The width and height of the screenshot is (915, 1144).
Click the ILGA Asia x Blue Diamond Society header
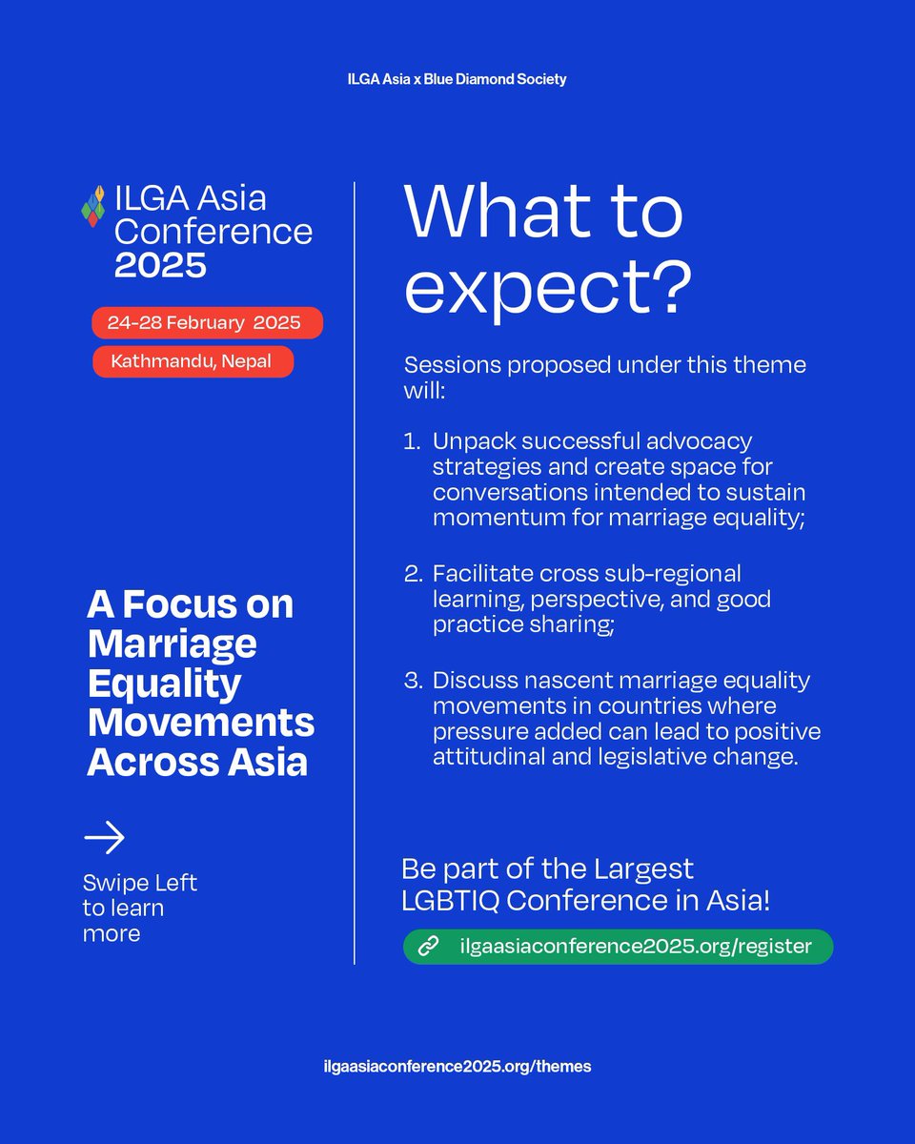(457, 79)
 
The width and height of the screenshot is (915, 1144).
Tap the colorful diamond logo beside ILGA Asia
(93, 205)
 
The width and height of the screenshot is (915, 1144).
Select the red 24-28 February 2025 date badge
(207, 323)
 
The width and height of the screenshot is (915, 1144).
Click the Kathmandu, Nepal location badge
(193, 361)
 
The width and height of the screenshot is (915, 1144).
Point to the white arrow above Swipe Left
(105, 838)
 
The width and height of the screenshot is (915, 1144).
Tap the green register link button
(618, 947)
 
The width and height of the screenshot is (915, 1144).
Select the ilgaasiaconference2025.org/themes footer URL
(457, 1067)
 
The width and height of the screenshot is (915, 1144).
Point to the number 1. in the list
(412, 442)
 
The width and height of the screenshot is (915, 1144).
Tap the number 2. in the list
(413, 574)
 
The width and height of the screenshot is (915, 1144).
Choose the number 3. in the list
(413, 682)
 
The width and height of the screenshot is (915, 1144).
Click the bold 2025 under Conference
(160, 264)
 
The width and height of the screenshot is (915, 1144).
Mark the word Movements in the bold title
(200, 723)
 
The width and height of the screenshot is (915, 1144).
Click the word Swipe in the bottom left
(111, 883)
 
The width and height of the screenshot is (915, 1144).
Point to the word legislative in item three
(659, 758)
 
